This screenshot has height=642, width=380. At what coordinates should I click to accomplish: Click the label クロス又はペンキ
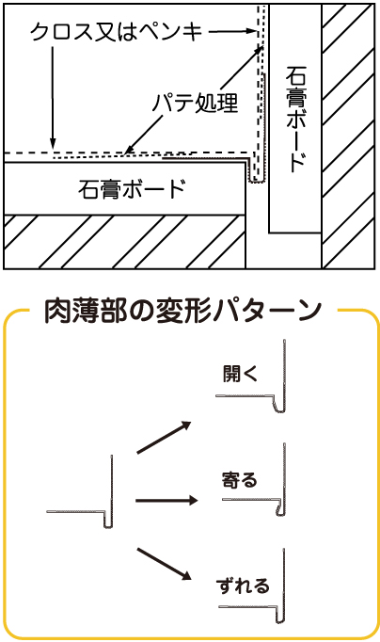[117, 31]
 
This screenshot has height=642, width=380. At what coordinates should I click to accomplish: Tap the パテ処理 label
[195, 102]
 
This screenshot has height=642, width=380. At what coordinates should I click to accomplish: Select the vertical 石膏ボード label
[296, 120]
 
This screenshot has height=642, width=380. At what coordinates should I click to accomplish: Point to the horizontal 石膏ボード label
[132, 189]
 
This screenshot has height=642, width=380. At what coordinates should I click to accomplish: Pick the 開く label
[241, 373]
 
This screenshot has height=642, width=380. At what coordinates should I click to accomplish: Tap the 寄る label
[239, 479]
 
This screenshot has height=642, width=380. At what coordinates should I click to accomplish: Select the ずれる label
[243, 586]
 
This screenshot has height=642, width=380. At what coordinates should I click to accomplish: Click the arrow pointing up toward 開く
[164, 437]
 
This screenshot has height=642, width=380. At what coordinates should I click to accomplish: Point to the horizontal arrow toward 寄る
[166, 500]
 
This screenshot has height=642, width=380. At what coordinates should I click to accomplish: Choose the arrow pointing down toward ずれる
[164, 564]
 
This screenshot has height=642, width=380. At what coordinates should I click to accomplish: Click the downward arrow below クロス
[53, 98]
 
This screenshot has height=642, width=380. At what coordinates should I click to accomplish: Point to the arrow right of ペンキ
[232, 31]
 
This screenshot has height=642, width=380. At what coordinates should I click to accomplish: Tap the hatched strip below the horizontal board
[125, 242]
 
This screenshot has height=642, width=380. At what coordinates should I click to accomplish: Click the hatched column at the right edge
[348, 136]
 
